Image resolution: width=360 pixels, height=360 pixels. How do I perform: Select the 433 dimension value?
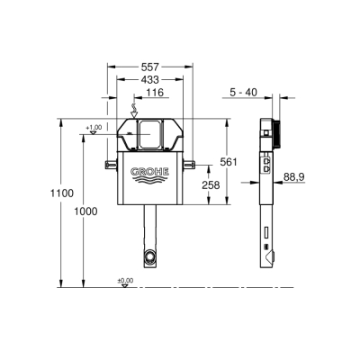(x=150, y=79)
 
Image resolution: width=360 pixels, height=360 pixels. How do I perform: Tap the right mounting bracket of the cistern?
(x=190, y=162)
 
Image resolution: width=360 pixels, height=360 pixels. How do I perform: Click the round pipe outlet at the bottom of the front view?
(x=149, y=259)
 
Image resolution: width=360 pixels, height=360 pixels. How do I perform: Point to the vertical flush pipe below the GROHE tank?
(x=149, y=229)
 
